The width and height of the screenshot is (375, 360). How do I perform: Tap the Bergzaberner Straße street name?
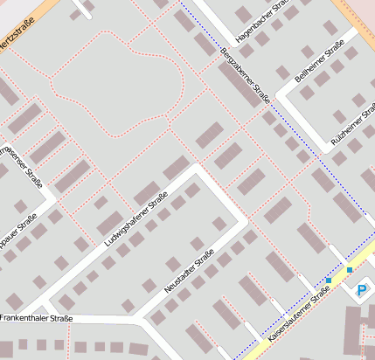tap(244, 74)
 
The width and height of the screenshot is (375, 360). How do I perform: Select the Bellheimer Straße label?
tap(316, 66)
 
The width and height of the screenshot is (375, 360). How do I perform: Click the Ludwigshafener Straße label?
tap(135, 218)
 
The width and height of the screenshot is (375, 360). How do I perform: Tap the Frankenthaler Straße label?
tap(37, 319)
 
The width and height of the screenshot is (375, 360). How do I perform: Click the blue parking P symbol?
tap(362, 287)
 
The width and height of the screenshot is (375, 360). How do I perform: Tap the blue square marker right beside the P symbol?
tap(350, 270)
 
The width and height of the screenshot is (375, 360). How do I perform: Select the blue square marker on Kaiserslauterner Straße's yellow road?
tap(328, 280)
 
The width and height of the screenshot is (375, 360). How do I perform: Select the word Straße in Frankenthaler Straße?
tap(57, 319)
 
